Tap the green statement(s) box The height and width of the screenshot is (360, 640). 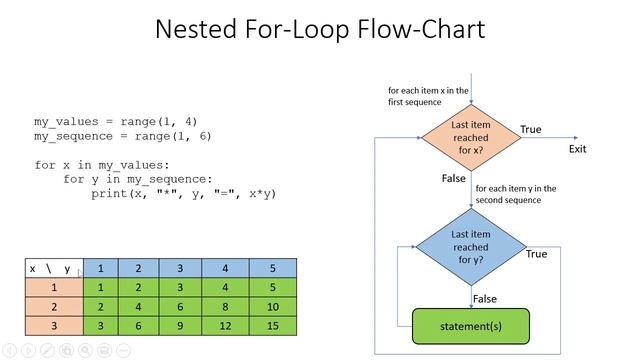click(x=470, y=326)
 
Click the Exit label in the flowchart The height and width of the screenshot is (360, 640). click(x=577, y=149)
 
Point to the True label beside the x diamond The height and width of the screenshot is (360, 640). click(x=531, y=129)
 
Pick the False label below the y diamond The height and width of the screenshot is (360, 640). click(x=484, y=298)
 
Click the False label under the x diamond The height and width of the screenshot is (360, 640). click(x=453, y=178)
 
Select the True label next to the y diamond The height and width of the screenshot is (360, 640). click(x=536, y=254)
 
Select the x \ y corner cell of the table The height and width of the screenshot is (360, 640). click(x=54, y=268)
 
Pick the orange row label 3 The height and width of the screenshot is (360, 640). click(x=54, y=326)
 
